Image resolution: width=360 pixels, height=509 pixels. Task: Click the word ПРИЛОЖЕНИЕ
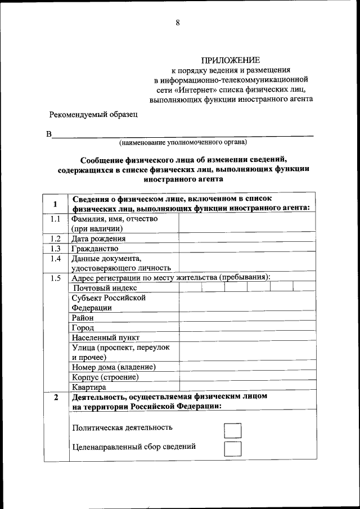point(231,60)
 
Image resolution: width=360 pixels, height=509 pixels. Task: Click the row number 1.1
point(55,219)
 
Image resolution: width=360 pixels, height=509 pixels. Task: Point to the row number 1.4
point(55,259)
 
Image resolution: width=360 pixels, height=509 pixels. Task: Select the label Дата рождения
point(98,238)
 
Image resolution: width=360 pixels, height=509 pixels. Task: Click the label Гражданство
point(94,249)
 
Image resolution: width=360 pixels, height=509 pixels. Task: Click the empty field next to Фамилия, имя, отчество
point(246,223)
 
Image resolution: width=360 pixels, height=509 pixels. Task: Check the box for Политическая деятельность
point(232,431)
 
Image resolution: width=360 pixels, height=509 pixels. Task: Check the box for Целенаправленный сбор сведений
point(232,449)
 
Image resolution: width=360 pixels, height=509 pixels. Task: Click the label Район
point(83,318)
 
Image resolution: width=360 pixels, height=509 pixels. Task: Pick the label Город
point(83,328)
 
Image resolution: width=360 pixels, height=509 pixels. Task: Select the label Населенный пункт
point(105,338)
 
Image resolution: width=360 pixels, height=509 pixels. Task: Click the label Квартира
point(89,388)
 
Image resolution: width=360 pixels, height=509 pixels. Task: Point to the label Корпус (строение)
point(105,377)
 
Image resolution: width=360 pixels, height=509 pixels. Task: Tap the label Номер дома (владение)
point(113,367)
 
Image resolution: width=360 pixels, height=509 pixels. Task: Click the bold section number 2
point(55,398)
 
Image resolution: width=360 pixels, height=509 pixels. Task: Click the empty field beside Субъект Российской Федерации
point(246,303)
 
